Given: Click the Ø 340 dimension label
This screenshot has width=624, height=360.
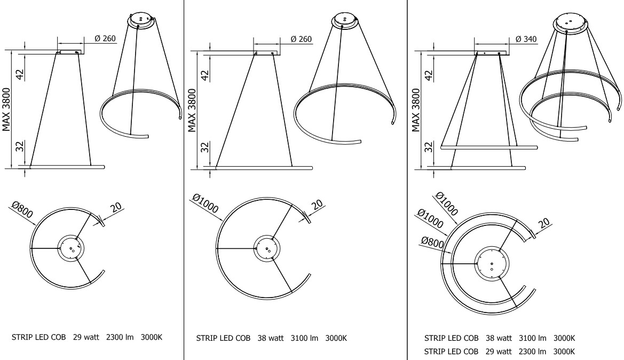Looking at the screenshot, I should coord(526,40).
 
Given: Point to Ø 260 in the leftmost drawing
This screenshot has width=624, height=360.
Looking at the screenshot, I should coord(105,40).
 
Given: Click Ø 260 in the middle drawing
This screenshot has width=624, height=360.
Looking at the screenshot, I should coord(301,40).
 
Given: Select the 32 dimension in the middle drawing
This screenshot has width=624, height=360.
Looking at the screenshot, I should coord(204,147).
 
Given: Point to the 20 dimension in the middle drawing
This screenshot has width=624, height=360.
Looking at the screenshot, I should coord(316,204).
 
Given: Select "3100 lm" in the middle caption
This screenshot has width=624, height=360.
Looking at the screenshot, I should coord(304,338).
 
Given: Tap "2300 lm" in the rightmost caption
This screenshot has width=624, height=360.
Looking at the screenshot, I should coord(532,351).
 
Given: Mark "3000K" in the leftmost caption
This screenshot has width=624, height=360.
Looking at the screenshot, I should coord(152,338).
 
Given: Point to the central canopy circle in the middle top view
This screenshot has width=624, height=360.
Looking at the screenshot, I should coord(265,248).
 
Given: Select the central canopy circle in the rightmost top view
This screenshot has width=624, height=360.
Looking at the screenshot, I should coord(491,263).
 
